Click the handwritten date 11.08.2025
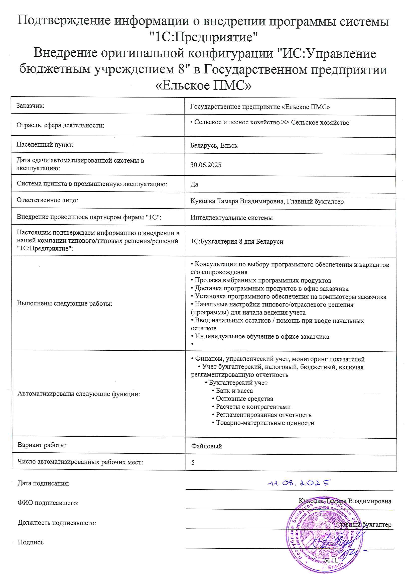[299, 483]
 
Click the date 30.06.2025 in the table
[206, 165]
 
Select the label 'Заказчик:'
[30, 106]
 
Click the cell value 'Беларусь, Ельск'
[214, 145]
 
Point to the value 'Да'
[194, 184]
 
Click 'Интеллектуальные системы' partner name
[231, 218]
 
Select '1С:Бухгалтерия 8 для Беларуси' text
[237, 241]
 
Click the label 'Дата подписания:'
[43, 483]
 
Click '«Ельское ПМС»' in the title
[203, 85]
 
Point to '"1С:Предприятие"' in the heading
[203, 37]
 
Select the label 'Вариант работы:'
[42, 445]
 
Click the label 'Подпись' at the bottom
[31, 542]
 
